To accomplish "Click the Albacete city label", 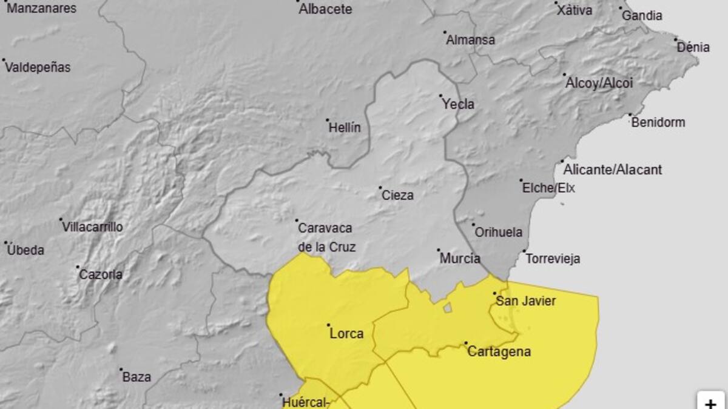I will click(325, 9).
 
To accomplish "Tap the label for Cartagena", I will click(499, 351).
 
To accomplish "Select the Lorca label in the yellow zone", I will click(346, 333).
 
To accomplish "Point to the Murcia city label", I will click(460, 259).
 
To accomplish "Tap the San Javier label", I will click(525, 301).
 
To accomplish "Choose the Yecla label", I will click(458, 104).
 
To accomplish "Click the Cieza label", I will click(397, 195).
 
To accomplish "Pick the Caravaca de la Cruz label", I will click(326, 238).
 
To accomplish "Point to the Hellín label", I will click(345, 128).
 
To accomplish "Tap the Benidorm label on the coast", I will click(658, 122).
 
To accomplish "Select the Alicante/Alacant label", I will click(612, 170).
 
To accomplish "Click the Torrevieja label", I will click(553, 259).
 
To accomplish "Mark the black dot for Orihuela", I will click(474, 225).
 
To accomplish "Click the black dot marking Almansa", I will click(445, 33).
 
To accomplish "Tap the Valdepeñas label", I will click(38, 68).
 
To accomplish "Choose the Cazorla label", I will click(101, 274).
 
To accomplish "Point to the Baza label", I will click(136, 377).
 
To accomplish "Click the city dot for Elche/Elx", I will click(521, 181).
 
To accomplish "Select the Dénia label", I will click(693, 47).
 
